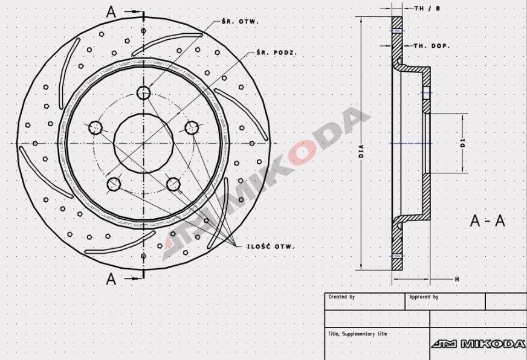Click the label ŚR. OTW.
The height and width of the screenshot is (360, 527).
point(240,21)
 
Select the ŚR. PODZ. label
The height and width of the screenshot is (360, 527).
point(276,53)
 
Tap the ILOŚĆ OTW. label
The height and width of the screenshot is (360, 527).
point(270,247)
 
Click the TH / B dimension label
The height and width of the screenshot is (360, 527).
point(427,8)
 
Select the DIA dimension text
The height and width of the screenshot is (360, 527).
point(361,150)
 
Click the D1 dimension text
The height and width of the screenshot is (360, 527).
point(462,143)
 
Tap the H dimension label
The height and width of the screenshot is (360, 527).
point(457,279)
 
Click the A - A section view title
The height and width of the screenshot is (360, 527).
point(487,220)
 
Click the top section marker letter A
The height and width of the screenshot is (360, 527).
point(111,11)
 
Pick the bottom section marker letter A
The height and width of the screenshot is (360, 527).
point(111,278)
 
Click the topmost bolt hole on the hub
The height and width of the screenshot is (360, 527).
point(143,92)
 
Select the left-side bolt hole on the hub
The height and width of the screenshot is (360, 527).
point(95,127)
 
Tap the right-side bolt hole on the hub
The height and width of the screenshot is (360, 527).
point(192,127)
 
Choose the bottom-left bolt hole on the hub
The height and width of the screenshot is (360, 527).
point(114,184)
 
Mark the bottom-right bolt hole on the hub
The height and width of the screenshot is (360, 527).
point(173,184)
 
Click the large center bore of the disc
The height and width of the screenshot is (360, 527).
point(143,144)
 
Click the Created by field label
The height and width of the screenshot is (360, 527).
point(341,297)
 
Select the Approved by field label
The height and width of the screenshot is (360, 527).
point(424,297)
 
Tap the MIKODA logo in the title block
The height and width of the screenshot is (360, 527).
point(478,344)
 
